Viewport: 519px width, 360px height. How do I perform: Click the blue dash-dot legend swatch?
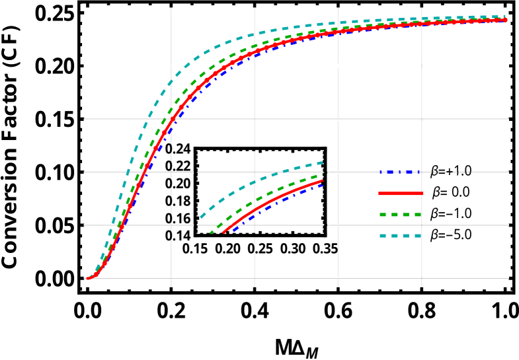point(399,172)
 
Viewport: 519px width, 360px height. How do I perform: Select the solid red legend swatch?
point(401,194)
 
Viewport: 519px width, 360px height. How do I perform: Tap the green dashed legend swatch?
point(401,215)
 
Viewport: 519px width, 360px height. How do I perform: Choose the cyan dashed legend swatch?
point(401,236)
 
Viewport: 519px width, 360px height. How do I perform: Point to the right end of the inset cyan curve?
point(322,162)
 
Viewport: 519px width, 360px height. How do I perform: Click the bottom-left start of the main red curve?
point(87,278)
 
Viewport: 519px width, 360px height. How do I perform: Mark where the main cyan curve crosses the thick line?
point(187,66)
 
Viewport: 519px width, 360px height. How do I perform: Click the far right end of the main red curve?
point(506,20)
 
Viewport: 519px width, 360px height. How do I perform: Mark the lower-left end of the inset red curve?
point(223,232)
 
